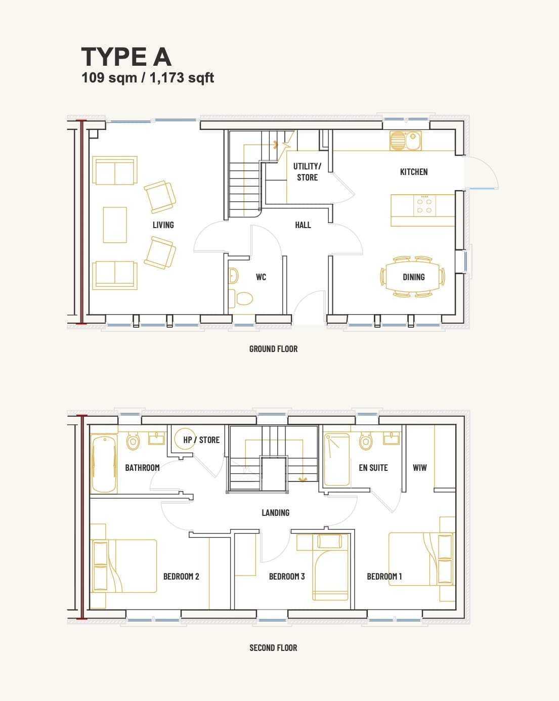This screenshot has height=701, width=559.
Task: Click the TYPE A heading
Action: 126,57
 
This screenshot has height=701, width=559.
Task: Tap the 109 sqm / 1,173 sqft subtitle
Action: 148,78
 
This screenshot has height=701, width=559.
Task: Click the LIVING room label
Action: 163,225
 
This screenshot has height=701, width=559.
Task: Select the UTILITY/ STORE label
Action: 307,171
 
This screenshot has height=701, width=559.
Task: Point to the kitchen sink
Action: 406,141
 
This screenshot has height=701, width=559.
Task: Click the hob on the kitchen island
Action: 424,205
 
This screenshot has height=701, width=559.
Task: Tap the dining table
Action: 412,277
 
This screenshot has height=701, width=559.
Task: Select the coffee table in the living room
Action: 115,225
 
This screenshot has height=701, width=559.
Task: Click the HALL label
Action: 303,225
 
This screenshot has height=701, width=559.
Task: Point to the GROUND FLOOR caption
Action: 273,349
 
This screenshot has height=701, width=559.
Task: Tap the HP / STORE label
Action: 201,440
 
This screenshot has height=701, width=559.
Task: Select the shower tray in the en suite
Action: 337,459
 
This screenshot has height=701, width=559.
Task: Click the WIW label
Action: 419,467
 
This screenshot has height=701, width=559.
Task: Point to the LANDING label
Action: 275,512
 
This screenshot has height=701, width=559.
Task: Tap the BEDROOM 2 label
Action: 181,576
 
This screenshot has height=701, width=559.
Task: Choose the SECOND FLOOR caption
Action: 273,647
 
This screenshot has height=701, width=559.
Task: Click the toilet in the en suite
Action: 366,441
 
